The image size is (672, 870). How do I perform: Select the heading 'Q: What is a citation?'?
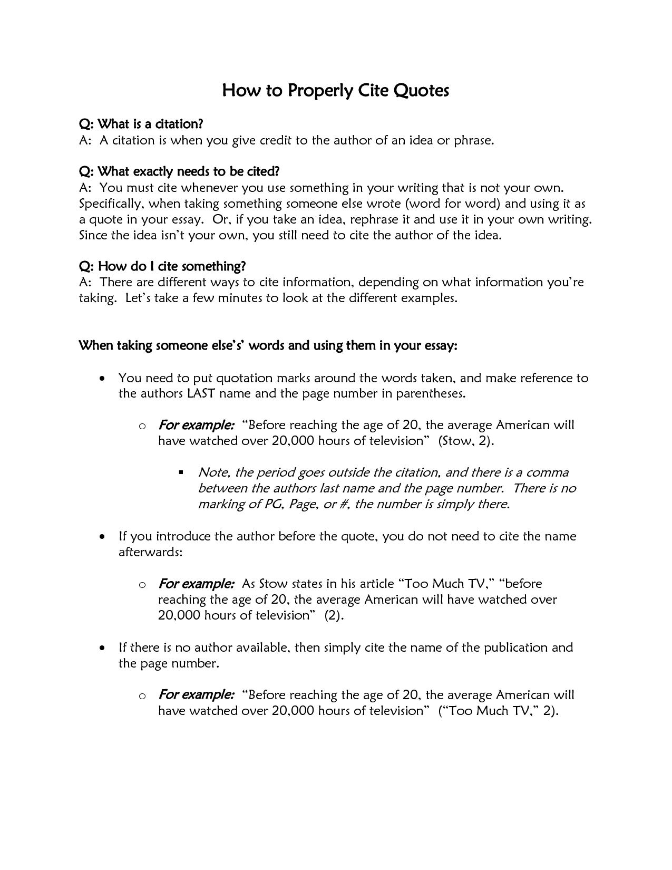[x=141, y=124]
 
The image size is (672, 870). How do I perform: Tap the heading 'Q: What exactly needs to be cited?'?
[x=179, y=171]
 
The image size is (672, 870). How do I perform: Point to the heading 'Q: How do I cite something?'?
[x=162, y=266]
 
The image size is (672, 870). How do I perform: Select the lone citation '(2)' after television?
[x=333, y=615]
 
